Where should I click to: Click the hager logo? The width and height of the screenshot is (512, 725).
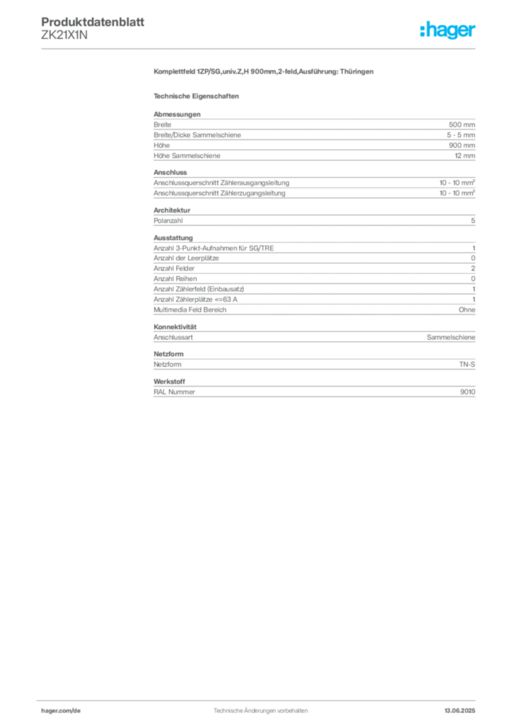click(448, 30)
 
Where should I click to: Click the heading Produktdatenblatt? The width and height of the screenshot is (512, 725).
click(93, 22)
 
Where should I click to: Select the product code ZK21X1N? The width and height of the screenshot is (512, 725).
click(64, 35)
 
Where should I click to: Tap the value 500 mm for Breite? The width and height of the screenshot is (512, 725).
click(462, 125)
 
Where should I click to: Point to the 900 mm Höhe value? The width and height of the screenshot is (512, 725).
click(462, 145)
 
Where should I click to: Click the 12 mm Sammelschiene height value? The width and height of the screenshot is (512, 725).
click(465, 156)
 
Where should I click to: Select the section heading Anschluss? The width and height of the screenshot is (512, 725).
click(170, 172)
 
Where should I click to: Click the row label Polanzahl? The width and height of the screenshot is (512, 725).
click(168, 221)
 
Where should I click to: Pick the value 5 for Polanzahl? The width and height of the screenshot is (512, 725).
click(473, 221)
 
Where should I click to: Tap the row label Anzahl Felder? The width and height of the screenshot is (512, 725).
click(174, 268)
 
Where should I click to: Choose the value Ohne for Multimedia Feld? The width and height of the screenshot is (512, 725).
click(467, 310)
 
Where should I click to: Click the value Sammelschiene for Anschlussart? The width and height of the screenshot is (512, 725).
click(450, 338)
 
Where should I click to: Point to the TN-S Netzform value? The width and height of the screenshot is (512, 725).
click(467, 365)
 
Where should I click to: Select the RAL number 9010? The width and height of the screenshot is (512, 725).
click(467, 392)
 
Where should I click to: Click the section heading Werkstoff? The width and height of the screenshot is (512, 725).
click(170, 382)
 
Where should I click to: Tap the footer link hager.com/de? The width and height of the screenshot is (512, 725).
click(61, 711)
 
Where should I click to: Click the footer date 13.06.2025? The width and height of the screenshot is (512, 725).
click(460, 711)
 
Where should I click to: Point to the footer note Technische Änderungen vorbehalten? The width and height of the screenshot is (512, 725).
click(260, 711)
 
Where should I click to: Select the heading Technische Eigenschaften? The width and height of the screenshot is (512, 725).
click(196, 96)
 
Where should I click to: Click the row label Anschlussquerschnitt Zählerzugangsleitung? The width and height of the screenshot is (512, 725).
click(219, 193)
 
